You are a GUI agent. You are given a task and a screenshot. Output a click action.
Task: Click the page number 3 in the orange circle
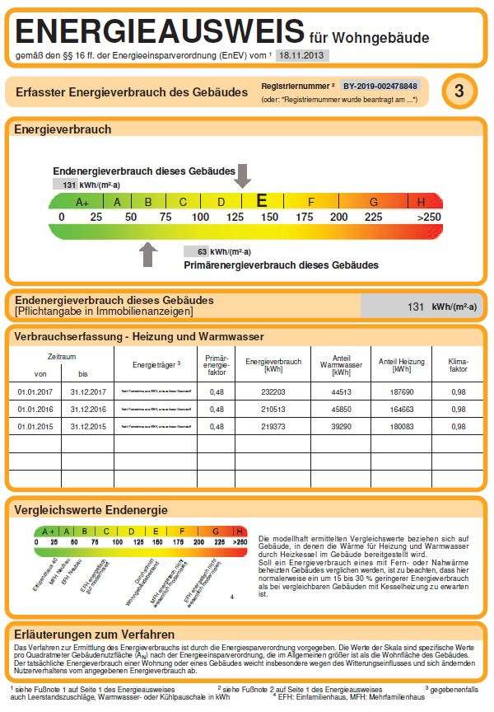pos(459,91)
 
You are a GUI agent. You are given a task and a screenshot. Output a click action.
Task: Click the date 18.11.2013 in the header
pos(301,55)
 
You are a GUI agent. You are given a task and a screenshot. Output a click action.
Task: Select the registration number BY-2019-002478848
pos(380,86)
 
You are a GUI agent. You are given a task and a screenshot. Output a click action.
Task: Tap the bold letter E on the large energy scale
pos(262,200)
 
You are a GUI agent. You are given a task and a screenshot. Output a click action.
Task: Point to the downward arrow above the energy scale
pos(242,176)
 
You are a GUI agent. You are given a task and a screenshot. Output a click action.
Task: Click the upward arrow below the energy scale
pos(148,254)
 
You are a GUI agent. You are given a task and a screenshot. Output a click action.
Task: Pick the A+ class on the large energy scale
pos(82,202)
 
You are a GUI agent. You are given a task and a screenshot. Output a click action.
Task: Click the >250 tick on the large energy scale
pos(428,217)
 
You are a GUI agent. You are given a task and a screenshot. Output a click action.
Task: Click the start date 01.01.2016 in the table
pos(35,410)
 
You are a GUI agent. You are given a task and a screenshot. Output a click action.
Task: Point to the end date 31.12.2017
pos(88,392)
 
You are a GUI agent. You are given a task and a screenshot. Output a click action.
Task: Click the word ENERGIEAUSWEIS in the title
pos(160,32)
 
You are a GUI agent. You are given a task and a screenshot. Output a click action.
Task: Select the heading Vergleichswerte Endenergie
pos(91,510)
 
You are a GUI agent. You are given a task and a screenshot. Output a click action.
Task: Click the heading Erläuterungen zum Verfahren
pos(95,634)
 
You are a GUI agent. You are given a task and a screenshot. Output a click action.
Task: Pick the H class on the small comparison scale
pos(240,532)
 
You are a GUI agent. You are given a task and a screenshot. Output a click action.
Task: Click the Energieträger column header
pos(156,364)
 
